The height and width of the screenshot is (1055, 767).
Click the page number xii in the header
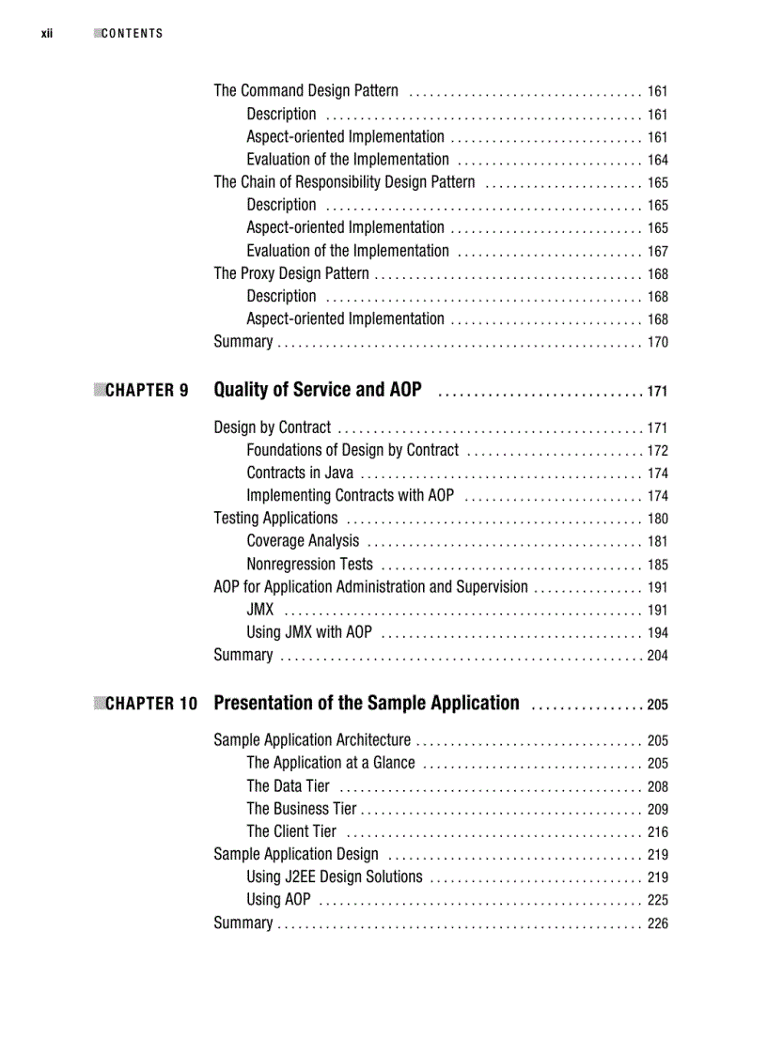pyautogui.click(x=46, y=34)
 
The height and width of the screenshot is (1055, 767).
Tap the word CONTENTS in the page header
pyautogui.click(x=132, y=34)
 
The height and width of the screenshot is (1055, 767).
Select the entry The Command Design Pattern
pyautogui.click(x=305, y=91)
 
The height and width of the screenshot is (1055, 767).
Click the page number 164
pyautogui.click(x=657, y=161)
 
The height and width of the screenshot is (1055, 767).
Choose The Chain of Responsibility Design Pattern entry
pyautogui.click(x=344, y=182)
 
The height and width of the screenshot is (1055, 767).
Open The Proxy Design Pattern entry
pyautogui.click(x=291, y=274)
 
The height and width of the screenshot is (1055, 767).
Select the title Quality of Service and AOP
pyautogui.click(x=318, y=390)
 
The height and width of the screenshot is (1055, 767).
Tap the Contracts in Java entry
pyautogui.click(x=300, y=473)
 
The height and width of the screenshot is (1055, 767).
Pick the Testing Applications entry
pyautogui.click(x=275, y=519)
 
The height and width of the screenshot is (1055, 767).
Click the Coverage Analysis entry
pyautogui.click(x=303, y=541)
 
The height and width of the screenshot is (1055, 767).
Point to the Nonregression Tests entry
pyautogui.click(x=309, y=565)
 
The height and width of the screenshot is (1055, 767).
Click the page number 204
pyautogui.click(x=657, y=656)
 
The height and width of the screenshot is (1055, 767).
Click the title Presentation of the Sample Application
pyautogui.click(x=367, y=703)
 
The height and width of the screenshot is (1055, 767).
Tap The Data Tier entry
pyautogui.click(x=288, y=786)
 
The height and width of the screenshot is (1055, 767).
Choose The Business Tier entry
pyautogui.click(x=302, y=809)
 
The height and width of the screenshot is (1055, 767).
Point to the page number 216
pyautogui.click(x=657, y=832)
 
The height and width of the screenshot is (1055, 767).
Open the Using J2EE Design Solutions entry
pyautogui.click(x=335, y=877)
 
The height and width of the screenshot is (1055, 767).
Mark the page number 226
pyautogui.click(x=657, y=924)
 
